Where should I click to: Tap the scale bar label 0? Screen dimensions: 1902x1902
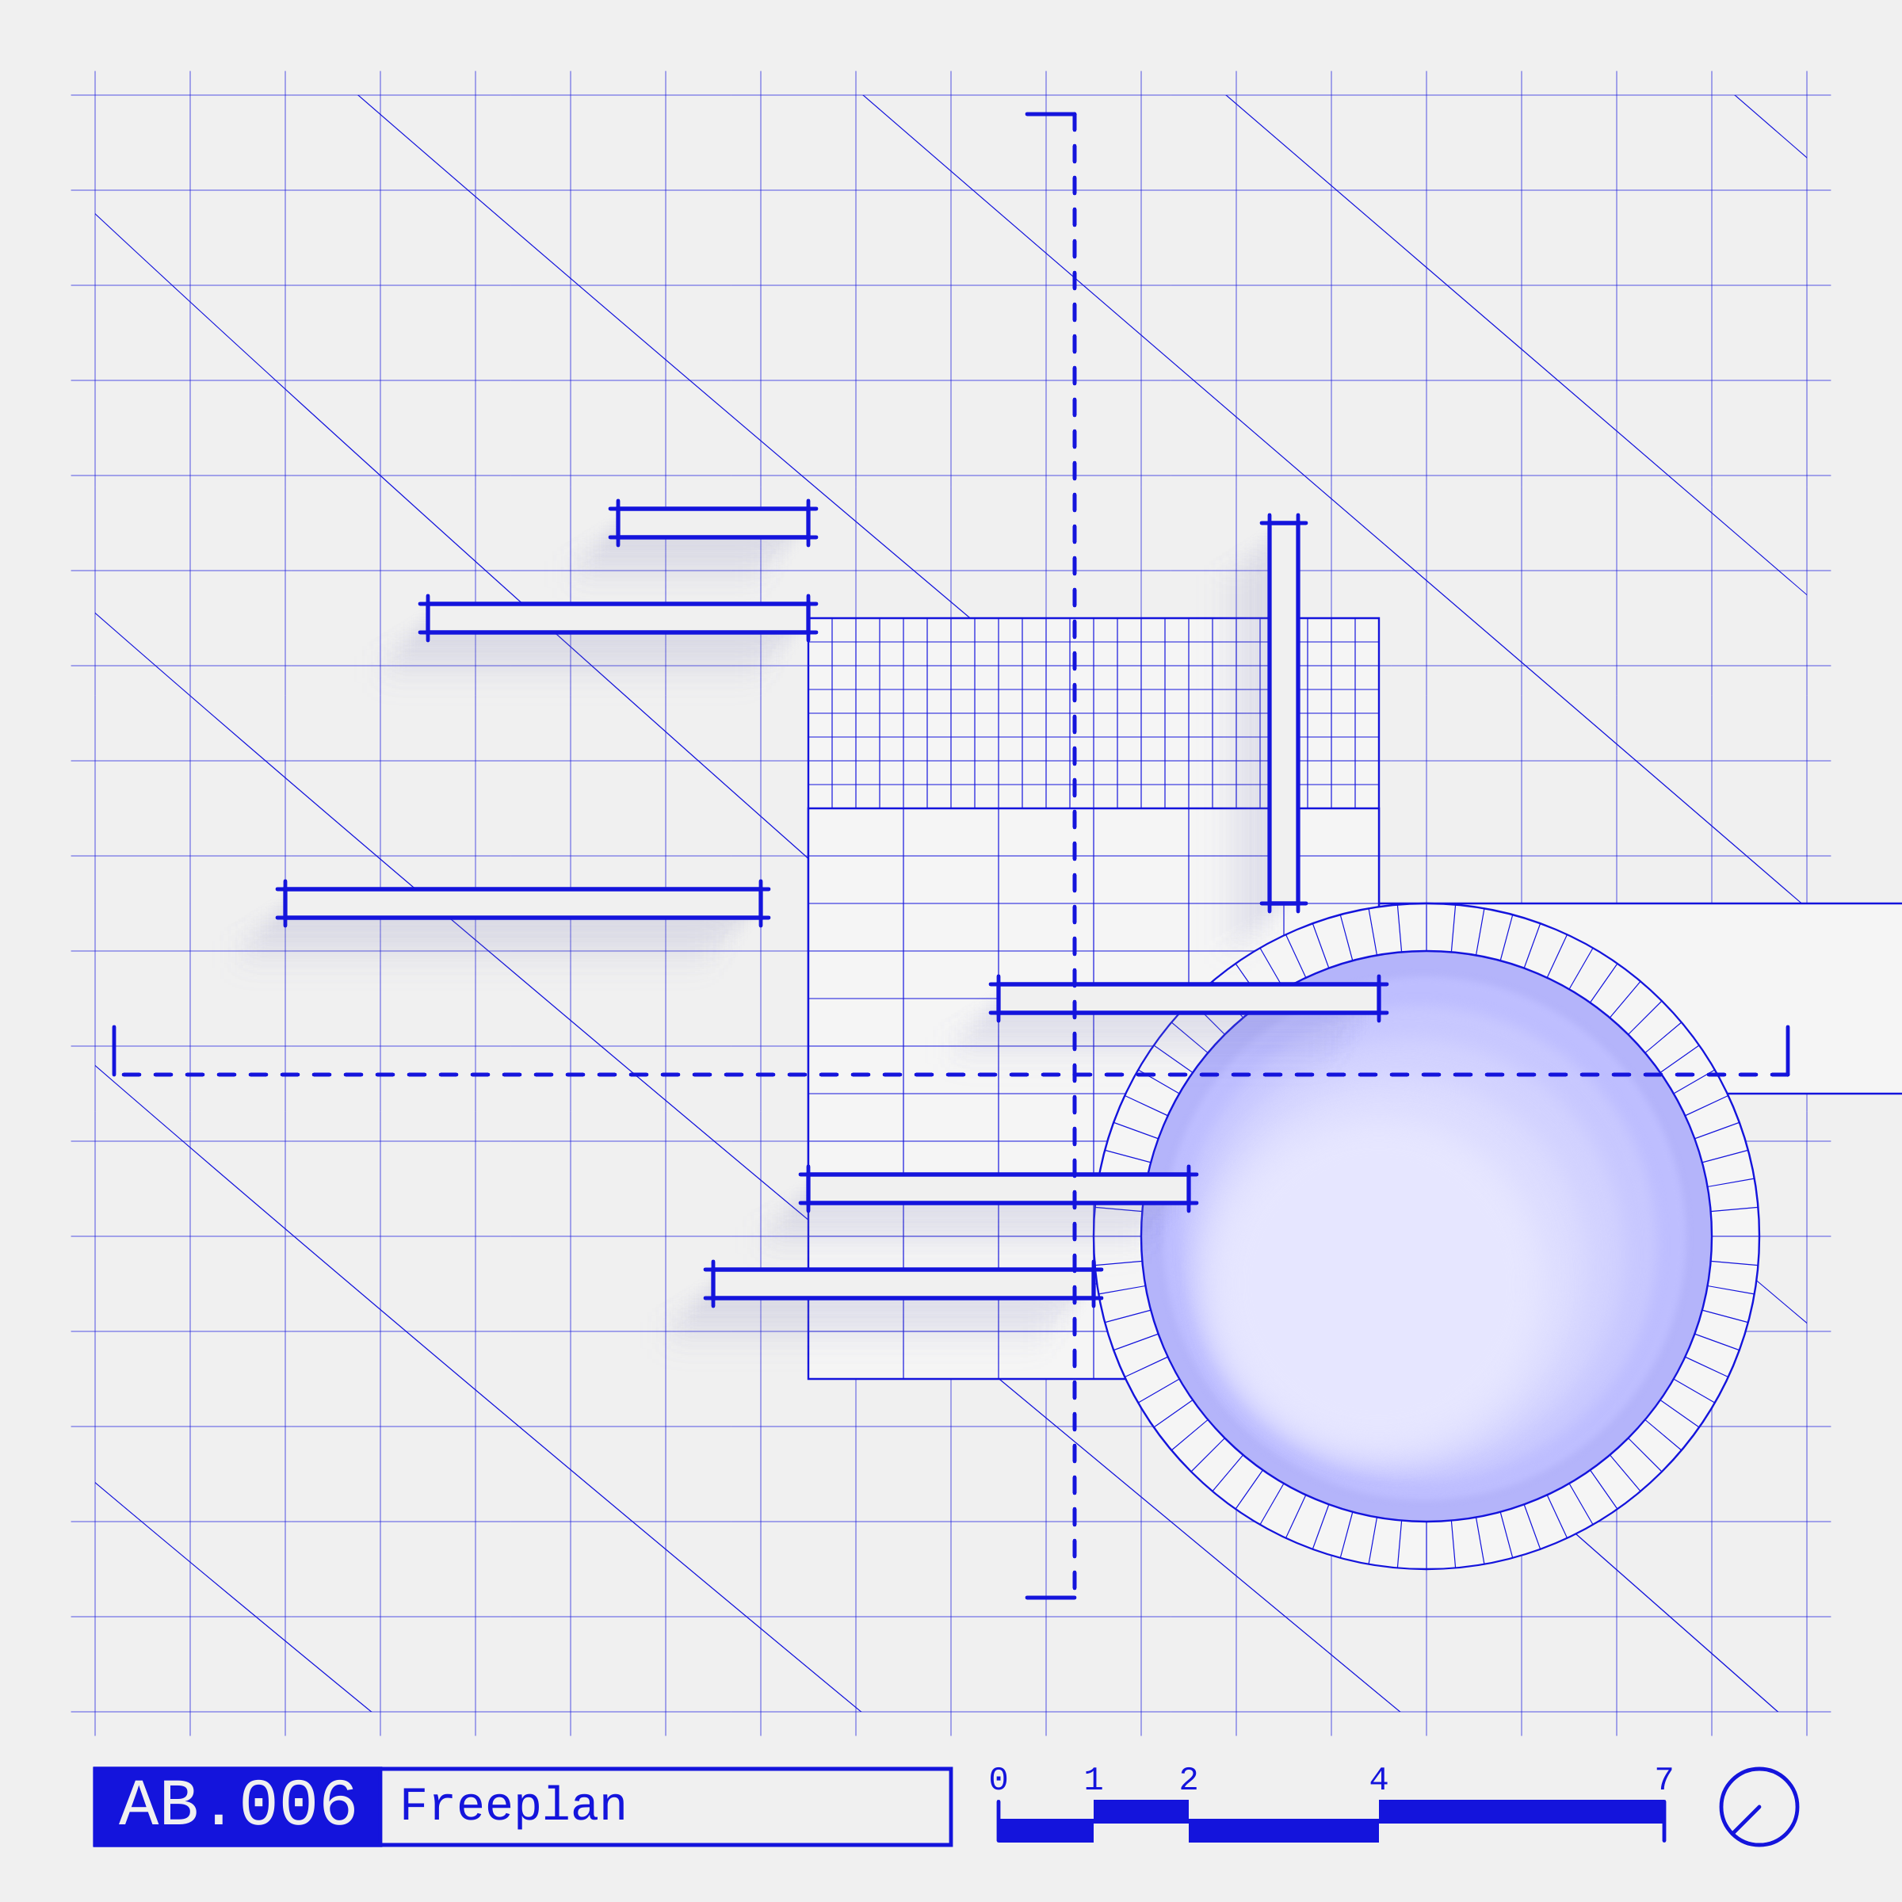(x=999, y=1779)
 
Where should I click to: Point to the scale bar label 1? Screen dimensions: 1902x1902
(x=1093, y=1779)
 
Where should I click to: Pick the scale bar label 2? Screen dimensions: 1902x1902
(x=1188, y=1779)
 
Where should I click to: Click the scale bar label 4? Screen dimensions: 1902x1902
(x=1378, y=1779)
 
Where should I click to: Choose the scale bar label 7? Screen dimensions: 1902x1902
(x=1663, y=1779)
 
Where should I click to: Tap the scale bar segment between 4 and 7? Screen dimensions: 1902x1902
(x=1521, y=1812)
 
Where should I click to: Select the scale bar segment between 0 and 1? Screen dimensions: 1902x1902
(x=1045, y=1830)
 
